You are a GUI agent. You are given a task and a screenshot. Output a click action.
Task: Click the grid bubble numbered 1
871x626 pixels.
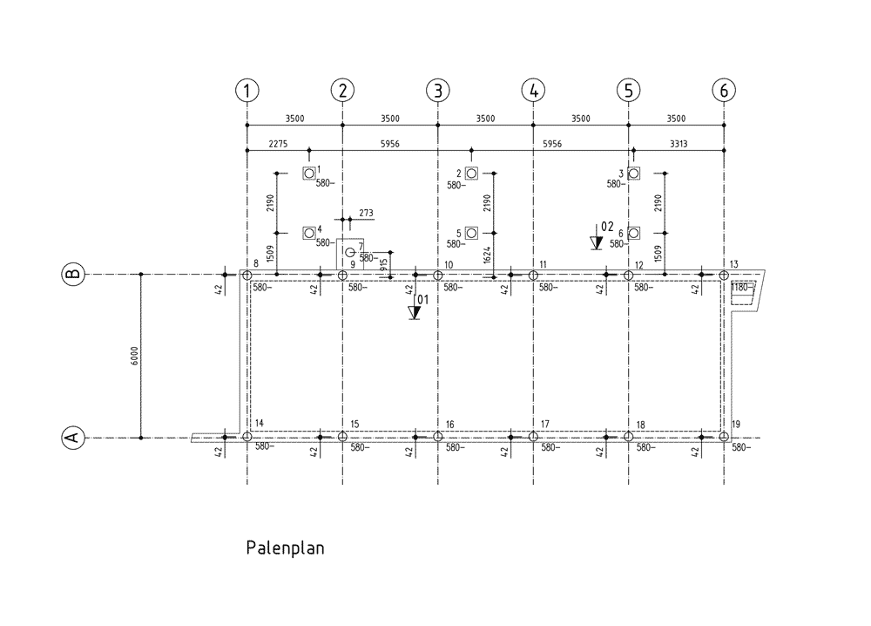tap(248, 90)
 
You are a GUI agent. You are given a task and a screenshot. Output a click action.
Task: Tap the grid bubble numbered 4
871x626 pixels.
tap(533, 90)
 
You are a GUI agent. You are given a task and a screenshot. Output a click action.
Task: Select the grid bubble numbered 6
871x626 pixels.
tap(724, 90)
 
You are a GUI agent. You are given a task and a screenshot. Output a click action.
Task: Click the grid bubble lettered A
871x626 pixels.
tap(73, 438)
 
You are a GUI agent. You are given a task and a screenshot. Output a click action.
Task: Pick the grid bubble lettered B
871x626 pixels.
tap(73, 275)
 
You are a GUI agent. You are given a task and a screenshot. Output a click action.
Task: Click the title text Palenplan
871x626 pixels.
tap(285, 548)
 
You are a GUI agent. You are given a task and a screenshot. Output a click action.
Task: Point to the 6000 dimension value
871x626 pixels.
tap(133, 356)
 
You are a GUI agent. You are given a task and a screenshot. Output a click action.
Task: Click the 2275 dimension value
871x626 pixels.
tap(280, 144)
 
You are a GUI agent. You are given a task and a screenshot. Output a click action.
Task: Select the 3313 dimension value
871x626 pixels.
tap(678, 144)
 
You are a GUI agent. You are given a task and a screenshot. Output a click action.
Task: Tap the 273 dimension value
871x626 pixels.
tap(366, 213)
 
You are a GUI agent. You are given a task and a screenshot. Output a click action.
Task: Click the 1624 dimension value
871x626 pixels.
tap(488, 255)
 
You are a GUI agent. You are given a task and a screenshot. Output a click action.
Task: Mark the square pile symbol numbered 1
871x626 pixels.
tap(309, 173)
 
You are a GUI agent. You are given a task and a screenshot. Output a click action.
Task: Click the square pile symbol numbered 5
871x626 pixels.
tap(471, 233)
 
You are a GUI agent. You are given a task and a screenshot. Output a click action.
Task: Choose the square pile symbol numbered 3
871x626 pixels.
tap(634, 173)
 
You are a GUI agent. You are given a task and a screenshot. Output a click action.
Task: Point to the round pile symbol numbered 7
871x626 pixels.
tap(350, 252)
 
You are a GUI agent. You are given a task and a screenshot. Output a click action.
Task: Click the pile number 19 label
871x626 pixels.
tap(736, 425)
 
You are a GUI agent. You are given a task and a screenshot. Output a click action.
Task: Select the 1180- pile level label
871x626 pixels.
tap(741, 287)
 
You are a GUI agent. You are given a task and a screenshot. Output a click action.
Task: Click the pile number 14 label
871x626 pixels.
tap(260, 425)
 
